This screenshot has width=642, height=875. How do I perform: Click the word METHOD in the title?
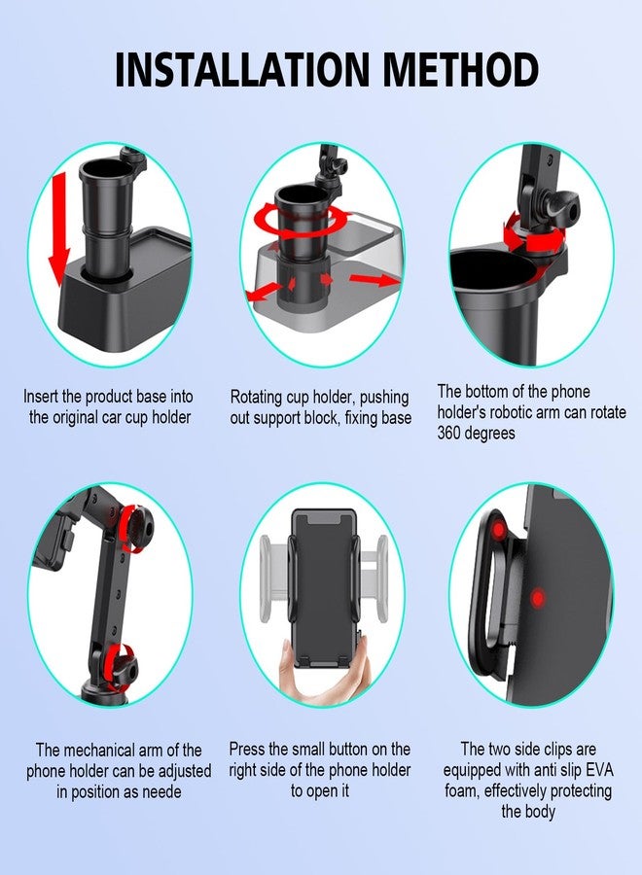point(458,69)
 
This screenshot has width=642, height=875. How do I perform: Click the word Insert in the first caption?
point(45,397)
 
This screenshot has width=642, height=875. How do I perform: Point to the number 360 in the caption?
point(454,433)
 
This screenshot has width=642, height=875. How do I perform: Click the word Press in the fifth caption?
point(248,750)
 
